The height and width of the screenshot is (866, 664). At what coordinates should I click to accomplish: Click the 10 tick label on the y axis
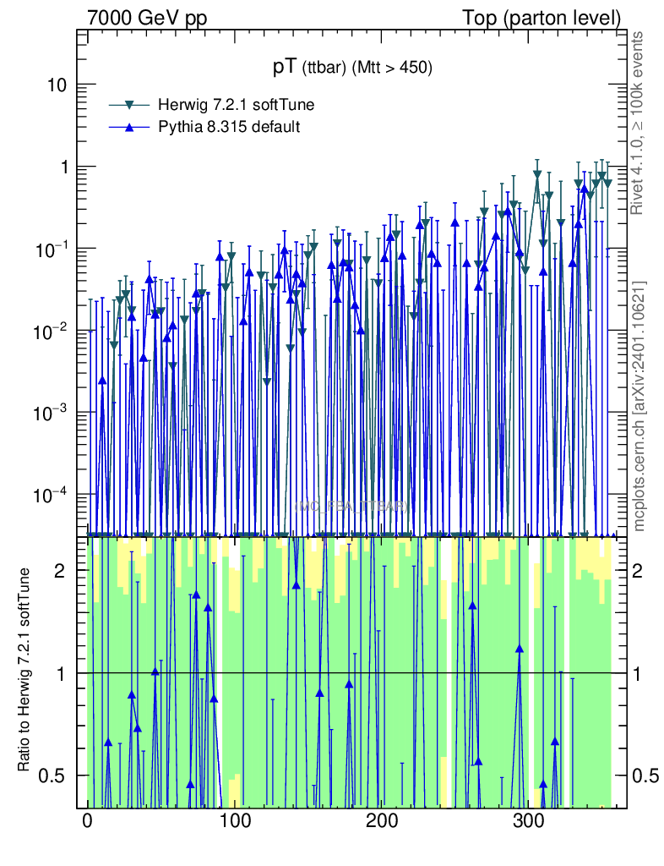click(57, 85)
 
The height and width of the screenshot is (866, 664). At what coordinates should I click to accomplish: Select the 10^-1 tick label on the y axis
click(52, 249)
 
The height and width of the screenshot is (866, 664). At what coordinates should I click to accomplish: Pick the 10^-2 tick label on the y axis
click(52, 331)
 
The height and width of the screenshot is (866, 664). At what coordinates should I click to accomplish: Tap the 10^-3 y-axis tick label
click(52, 413)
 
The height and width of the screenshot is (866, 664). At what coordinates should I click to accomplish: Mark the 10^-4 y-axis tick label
click(52, 495)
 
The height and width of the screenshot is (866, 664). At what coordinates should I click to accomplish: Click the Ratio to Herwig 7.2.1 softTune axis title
click(25, 672)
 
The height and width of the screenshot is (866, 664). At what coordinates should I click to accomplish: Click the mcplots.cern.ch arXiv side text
click(639, 406)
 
